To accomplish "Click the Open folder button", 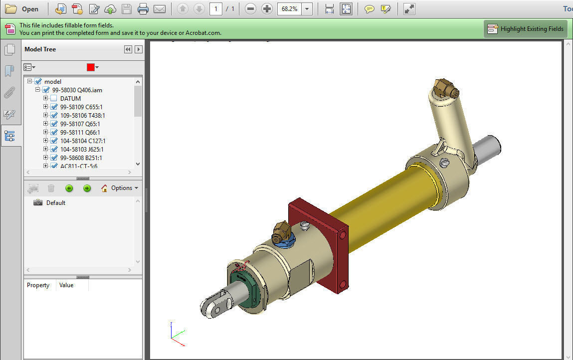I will coord(22,9).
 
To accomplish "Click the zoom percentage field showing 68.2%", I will coord(289,9).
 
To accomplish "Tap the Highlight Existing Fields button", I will coord(526,29).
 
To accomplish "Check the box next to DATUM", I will coord(54,99).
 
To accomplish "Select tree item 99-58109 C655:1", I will coord(81,107).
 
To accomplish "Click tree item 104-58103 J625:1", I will coord(82,150).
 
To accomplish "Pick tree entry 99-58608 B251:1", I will coord(81,158).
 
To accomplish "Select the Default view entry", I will coord(55,203).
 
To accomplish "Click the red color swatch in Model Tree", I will coord(90,67).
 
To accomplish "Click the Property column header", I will coord(38,285).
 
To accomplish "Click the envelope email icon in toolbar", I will coord(159,9).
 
